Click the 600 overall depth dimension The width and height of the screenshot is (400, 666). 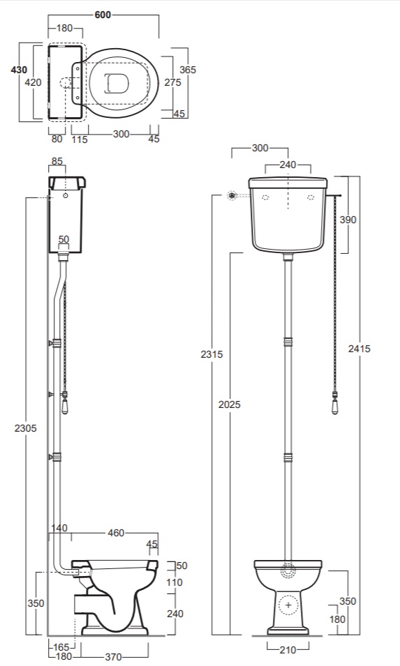click(103, 15)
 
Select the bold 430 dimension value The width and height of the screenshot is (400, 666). click(19, 70)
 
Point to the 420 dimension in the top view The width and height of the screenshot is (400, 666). click(33, 82)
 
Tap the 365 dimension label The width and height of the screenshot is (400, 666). click(188, 70)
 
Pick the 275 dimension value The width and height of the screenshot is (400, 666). click(172, 82)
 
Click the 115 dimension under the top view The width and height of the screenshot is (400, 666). click(80, 139)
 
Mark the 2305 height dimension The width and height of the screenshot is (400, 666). click(26, 428)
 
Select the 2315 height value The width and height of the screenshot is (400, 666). click(212, 354)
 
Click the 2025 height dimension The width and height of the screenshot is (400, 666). click(230, 404)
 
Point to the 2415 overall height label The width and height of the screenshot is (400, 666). click(360, 349)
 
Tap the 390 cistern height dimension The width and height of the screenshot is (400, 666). click(348, 220)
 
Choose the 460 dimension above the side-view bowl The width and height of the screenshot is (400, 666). click(116, 533)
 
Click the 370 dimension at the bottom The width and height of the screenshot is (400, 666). click(113, 657)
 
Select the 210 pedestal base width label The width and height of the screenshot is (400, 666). click(288, 649)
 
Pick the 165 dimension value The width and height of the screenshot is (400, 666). click(61, 647)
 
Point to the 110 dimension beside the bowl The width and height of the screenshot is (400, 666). click(175, 582)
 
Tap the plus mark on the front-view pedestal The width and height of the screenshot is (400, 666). click(288, 605)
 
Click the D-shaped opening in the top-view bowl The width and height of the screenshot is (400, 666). click(116, 82)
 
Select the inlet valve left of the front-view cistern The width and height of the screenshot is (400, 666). click(232, 196)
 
